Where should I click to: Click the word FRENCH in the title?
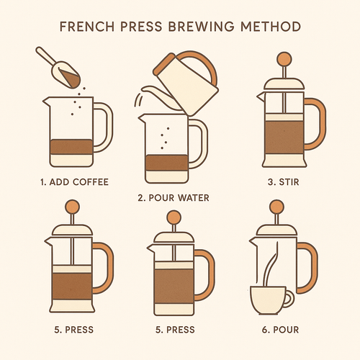(87, 27)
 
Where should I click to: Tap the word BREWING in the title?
(202, 27)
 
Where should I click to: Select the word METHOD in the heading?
(271, 27)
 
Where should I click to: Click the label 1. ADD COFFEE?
(74, 182)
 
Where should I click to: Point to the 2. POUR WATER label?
(174, 198)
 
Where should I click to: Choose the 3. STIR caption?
(284, 182)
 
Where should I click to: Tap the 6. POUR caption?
(280, 330)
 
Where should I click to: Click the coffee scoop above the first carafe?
(59, 68)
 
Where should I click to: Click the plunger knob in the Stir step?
(284, 59)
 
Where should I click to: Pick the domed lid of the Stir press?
(284, 84)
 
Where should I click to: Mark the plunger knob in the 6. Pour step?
(276, 207)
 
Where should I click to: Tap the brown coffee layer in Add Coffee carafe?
(71, 147)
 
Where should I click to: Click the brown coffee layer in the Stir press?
(284, 138)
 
